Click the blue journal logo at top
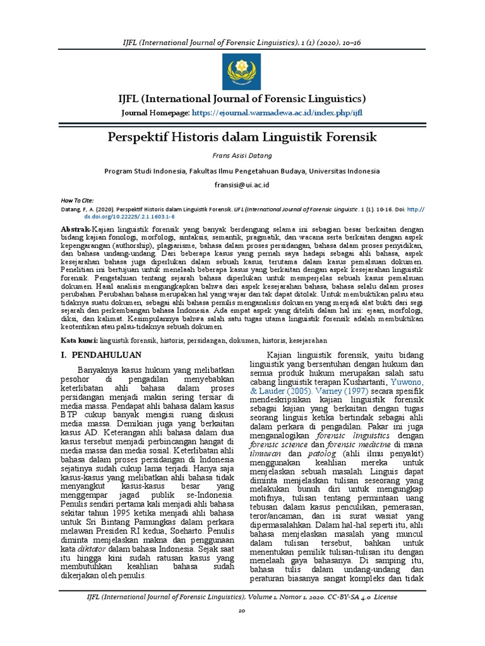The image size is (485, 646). coord(242,71)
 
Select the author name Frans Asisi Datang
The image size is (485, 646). coord(242,156)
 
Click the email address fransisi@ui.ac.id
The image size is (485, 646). coord(242,184)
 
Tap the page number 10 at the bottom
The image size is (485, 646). coord(242,629)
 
